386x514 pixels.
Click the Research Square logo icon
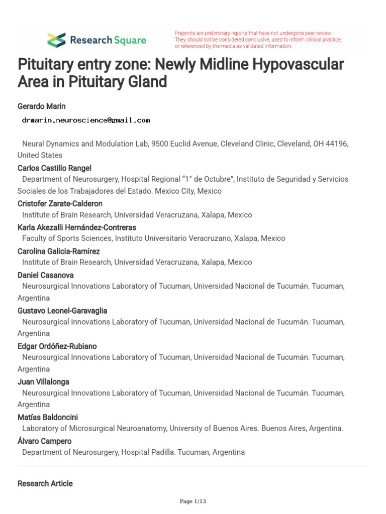coord(56,40)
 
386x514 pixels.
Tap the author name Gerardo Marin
coord(42,106)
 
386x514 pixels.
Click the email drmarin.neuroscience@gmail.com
coord(85,120)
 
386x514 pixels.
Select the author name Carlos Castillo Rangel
coord(54,168)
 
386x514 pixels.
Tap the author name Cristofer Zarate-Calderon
coord(60,203)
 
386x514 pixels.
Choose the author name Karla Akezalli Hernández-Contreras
coord(76,227)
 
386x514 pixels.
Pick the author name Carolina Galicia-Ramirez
coord(59,251)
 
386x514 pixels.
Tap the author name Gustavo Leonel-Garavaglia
coord(62,310)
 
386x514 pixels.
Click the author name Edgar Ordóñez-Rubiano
coord(57,346)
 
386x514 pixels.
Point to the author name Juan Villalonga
coord(43,381)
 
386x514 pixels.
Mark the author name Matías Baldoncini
coord(48,417)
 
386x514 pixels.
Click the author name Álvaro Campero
coord(44,441)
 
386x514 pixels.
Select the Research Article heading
coord(45,483)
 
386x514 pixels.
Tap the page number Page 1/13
coord(193,501)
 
